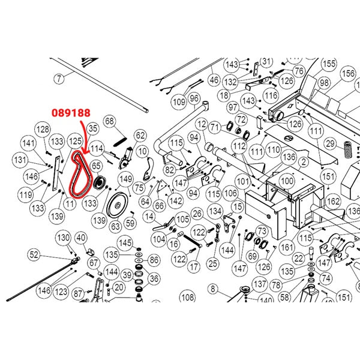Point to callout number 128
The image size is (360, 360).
42,130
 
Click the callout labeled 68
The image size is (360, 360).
109,122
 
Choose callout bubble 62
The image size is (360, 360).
140,136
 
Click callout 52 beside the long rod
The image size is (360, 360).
34,255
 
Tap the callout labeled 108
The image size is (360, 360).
188,296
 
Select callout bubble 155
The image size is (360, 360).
328,64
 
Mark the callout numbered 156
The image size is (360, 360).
348,73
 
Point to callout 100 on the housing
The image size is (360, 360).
288,180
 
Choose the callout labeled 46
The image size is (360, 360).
214,79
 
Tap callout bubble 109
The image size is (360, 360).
179,103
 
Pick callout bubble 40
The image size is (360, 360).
81,239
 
